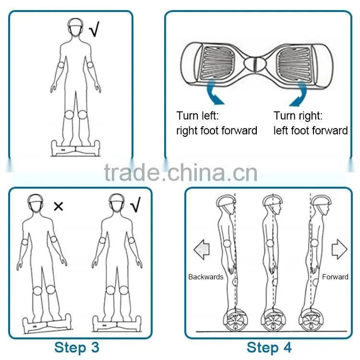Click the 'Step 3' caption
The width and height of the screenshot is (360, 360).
tap(77, 348)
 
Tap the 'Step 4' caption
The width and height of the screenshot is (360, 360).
tap(269, 348)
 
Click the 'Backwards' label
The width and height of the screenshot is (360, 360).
tap(206, 277)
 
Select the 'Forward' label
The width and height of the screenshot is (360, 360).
tap(335, 277)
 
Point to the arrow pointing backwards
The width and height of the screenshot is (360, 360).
tap(202, 250)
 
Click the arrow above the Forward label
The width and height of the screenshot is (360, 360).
tap(339, 249)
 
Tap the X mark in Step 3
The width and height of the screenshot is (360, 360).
tap(58, 206)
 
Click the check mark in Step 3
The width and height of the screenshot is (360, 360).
tap(135, 204)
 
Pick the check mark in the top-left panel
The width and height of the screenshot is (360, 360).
tap(94, 29)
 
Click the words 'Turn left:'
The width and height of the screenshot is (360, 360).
tap(197, 116)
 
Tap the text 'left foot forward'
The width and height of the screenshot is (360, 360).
tap(311, 131)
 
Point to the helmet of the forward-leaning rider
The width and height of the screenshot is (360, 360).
tap(321, 201)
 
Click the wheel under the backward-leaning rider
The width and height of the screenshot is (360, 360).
tap(236, 320)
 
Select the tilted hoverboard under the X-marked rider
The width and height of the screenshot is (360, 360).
tap(47, 324)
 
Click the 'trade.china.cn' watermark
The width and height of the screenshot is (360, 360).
tap(180, 172)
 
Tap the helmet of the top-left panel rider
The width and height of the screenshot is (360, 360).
tap(76, 24)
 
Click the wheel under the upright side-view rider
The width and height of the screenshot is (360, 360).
tap(273, 320)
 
